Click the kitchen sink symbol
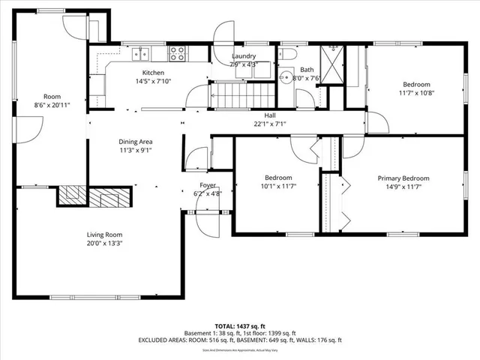pyautogui.click(x=141, y=53)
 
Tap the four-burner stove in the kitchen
pyautogui.click(x=178, y=53)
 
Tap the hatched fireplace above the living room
pyautogui.click(x=95, y=196)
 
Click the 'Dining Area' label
pyautogui.click(x=136, y=141)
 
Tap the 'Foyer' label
pyautogui.click(x=208, y=184)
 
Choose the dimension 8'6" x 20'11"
pyautogui.click(x=52, y=105)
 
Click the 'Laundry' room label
pyautogui.click(x=244, y=56)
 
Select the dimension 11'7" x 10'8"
pyautogui.click(x=415, y=93)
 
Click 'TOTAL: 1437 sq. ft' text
pyautogui.click(x=239, y=326)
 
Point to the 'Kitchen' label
pyautogui.click(x=154, y=73)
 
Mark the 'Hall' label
pyautogui.click(x=269, y=115)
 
